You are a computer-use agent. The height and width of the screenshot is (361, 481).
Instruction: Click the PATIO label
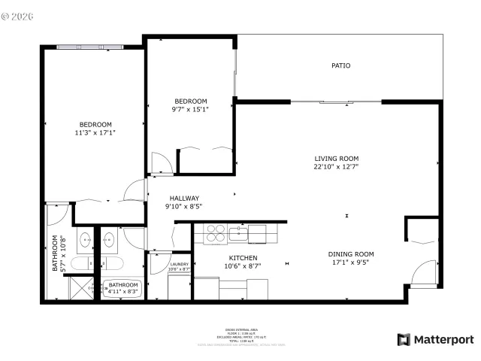click(341, 65)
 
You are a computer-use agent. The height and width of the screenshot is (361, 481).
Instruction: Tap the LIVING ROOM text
click(336, 159)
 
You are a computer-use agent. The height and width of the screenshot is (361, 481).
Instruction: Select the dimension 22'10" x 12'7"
click(336, 167)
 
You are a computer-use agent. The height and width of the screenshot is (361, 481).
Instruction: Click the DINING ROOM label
click(350, 254)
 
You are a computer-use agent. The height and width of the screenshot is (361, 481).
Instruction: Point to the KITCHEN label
click(244, 257)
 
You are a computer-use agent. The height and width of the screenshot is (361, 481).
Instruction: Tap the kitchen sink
click(239, 232)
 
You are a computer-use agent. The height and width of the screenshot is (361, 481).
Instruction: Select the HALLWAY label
click(183, 199)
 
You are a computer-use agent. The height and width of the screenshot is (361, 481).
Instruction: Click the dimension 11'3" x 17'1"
click(95, 132)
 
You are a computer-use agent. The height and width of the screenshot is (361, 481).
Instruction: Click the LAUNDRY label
click(179, 264)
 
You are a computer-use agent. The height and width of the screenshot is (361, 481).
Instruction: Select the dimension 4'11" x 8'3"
click(123, 293)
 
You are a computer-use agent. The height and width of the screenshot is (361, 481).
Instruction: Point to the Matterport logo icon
click(404, 340)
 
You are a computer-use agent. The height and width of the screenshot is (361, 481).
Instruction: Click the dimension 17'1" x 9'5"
click(350, 263)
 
